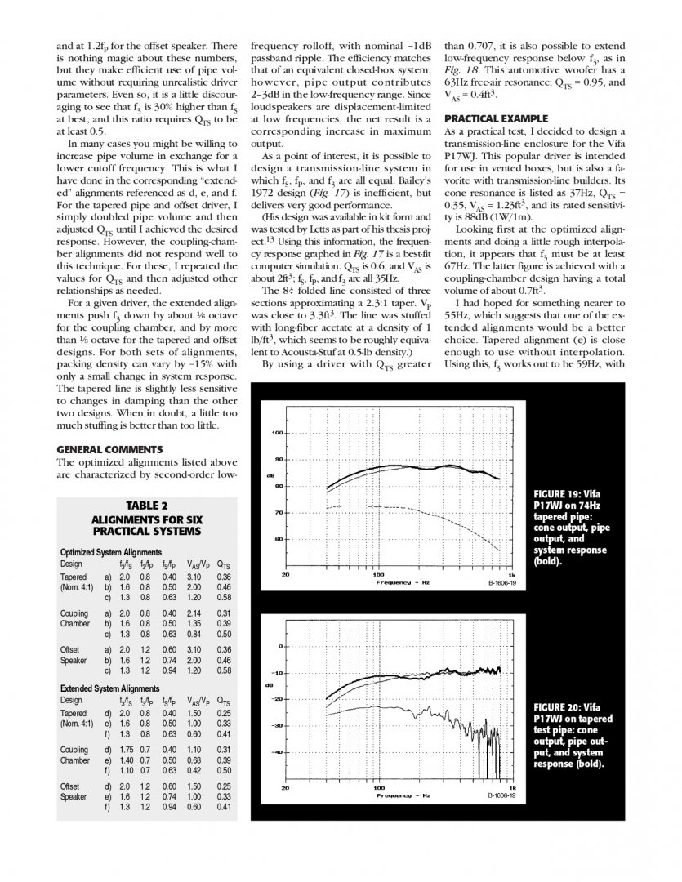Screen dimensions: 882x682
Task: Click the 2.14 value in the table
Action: pyautogui.click(x=194, y=612)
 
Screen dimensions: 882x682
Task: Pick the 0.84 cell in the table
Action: pyautogui.click(x=194, y=634)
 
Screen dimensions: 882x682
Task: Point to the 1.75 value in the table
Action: pyautogui.click(x=124, y=749)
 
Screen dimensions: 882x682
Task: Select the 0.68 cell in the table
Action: pyautogui.click(x=194, y=759)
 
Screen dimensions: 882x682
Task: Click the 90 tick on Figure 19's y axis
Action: pyautogui.click(x=278, y=459)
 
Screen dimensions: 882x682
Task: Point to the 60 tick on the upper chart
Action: pyautogui.click(x=278, y=539)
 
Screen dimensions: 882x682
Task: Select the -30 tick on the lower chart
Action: pyautogui.click(x=276, y=725)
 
